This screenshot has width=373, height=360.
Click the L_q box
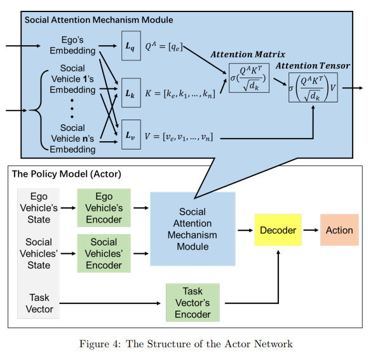(x=131, y=45)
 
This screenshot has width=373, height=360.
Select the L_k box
(x=131, y=93)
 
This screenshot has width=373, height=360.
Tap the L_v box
(x=131, y=135)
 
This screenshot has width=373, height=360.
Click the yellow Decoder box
(x=278, y=230)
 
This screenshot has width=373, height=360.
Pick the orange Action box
(x=339, y=230)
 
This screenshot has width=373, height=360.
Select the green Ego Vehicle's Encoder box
(x=104, y=207)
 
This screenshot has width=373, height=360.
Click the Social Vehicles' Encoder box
(x=104, y=253)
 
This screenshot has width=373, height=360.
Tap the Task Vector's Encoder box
(x=193, y=303)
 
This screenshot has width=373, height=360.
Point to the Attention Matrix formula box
(x=249, y=78)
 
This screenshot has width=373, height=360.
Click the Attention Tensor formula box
(x=313, y=88)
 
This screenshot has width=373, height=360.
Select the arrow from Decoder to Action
(x=311, y=230)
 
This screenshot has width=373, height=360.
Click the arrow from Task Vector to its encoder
(x=110, y=303)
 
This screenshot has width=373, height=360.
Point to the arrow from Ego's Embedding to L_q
(x=107, y=46)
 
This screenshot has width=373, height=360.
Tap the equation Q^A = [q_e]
(x=164, y=46)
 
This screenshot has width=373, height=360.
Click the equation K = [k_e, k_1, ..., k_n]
(x=180, y=93)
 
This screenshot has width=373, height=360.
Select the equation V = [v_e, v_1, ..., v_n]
(x=179, y=137)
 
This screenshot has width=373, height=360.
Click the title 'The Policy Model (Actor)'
(x=67, y=174)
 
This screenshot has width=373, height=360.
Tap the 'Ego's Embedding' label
(x=72, y=45)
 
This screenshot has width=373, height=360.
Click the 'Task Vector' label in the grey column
(x=39, y=303)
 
